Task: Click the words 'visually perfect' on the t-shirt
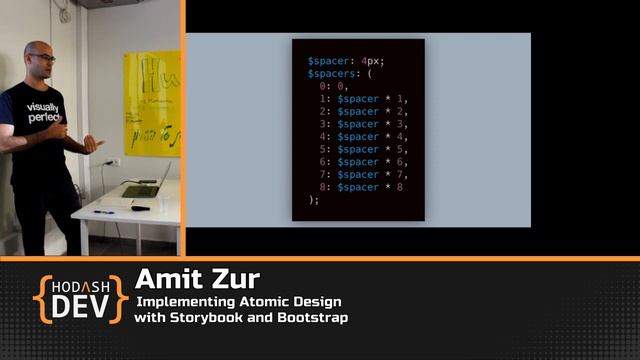pos(43,112)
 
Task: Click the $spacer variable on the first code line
pos(327,61)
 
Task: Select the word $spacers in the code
pos(331,74)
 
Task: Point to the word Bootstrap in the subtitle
pos(313,317)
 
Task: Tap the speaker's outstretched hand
pos(93,143)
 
